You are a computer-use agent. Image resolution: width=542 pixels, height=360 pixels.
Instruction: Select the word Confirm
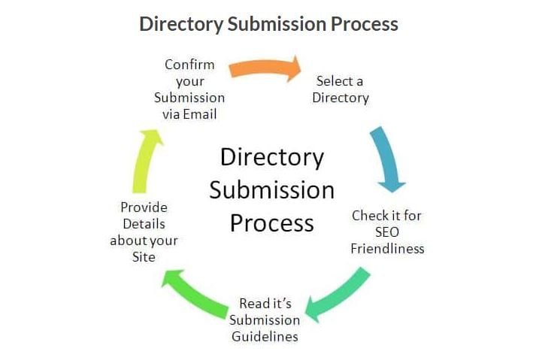[x=189, y=65]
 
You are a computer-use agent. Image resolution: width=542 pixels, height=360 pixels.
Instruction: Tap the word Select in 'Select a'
[x=330, y=80]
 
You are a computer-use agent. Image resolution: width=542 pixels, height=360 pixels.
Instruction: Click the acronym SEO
[x=386, y=231]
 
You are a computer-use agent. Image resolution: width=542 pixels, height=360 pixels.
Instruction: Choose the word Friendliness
[x=387, y=248]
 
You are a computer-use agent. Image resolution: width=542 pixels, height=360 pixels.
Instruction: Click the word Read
[x=253, y=304]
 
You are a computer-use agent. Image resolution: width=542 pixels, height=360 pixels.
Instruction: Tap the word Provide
[x=144, y=207]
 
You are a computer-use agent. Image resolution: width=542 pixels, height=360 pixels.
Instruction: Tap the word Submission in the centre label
[x=271, y=190]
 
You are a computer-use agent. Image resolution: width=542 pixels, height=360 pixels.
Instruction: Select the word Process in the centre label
[x=271, y=223]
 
